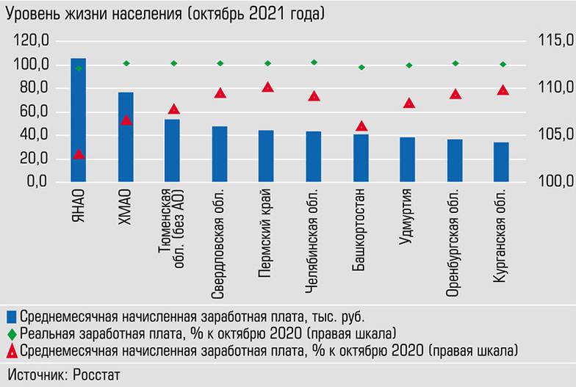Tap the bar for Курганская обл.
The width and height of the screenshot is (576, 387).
tap(501, 162)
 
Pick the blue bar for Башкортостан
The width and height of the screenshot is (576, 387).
tap(361, 158)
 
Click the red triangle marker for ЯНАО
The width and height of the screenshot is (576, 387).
tap(79, 153)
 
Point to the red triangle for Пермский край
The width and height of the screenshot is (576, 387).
tap(267, 87)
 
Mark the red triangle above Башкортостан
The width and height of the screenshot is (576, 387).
tap(361, 126)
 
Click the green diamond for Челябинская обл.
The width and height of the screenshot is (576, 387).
tap(314, 62)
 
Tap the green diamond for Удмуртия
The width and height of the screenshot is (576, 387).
tap(408, 65)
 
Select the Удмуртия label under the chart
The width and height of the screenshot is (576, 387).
tap(408, 220)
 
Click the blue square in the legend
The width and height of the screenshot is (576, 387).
tap(11, 317)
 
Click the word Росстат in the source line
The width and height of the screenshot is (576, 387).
tap(96, 374)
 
